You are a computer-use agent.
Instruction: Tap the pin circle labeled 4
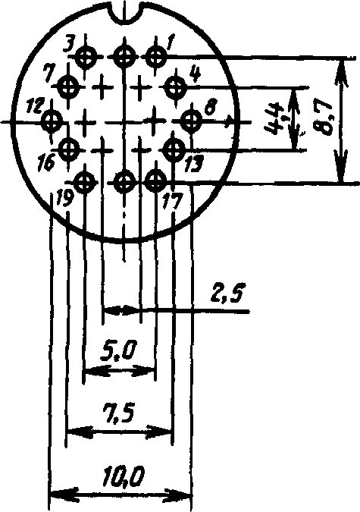pos(176,87)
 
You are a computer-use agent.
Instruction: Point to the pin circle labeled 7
pos(68,87)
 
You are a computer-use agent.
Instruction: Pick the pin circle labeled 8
pos(191,121)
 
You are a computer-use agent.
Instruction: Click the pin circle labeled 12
pos(52,121)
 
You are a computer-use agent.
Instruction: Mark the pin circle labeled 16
pos(68,149)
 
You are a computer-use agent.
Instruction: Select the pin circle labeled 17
pos(155,181)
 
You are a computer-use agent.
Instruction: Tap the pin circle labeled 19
pos(86,181)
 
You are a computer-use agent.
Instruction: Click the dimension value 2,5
pos(227,294)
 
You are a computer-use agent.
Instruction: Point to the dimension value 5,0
pos(118,352)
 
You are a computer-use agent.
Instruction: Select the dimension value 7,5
pos(118,413)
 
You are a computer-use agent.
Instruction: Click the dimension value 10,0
pos(124,477)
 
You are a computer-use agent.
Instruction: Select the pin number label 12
pos(35,106)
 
